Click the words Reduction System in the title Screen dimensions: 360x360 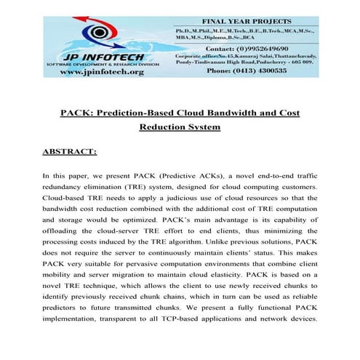tap(179, 128)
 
